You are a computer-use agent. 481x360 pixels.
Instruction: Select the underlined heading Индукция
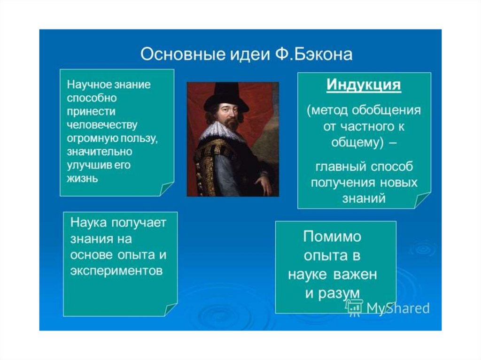[364, 84]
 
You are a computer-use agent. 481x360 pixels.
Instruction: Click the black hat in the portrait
[226, 97]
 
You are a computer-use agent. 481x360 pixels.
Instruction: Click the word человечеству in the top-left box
[102, 125]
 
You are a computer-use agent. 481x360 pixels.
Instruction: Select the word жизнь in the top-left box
[82, 178]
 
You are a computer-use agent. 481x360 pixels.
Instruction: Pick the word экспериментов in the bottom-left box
[116, 271]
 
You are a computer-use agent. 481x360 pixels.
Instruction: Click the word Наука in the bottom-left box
[88, 222]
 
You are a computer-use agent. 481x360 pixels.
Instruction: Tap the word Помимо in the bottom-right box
[332, 237]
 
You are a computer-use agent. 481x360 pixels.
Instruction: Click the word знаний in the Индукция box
[364, 199]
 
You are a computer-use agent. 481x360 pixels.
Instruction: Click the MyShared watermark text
[398, 308]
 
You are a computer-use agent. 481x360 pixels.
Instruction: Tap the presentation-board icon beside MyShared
[354, 307]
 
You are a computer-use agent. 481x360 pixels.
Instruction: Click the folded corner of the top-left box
[166, 189]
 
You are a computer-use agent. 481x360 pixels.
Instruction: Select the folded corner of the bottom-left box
[170, 310]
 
